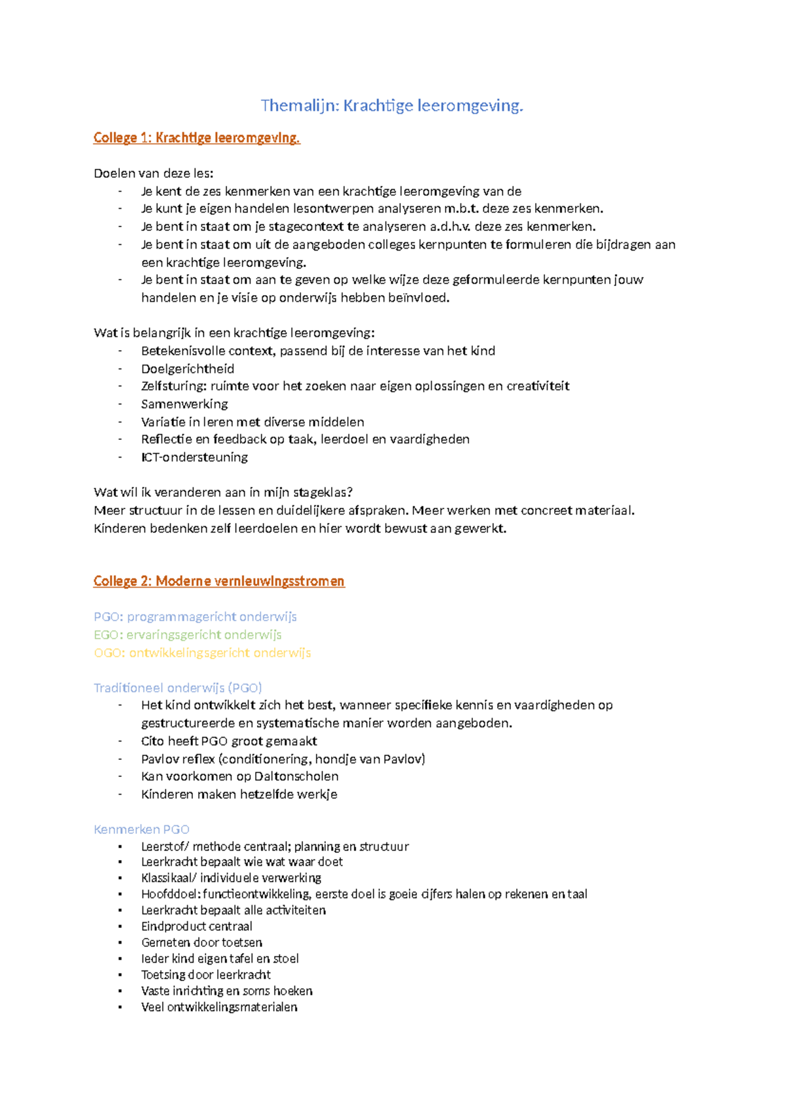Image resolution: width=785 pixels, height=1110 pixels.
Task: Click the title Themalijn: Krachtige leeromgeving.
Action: click(392, 105)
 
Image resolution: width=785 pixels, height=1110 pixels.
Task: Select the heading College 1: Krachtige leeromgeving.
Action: click(196, 137)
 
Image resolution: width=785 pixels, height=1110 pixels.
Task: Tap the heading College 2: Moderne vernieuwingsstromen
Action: click(218, 581)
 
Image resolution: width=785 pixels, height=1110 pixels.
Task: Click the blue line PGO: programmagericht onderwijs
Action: click(195, 617)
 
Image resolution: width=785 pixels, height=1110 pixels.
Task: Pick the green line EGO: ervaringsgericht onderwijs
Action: click(187, 634)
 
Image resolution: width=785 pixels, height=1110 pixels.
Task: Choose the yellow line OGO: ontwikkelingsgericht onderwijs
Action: click(202, 653)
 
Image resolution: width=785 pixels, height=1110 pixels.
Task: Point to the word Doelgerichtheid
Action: click(187, 368)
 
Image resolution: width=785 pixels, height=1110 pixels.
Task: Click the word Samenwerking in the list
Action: click(184, 404)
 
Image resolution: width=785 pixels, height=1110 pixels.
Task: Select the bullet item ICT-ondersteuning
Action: click(194, 457)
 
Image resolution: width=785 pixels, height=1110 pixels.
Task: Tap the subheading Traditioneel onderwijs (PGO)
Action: click(177, 687)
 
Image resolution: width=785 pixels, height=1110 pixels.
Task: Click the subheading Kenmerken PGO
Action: click(141, 829)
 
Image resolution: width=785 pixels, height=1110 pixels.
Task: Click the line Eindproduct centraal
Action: click(196, 926)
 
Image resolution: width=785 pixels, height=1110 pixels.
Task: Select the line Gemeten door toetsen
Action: click(201, 942)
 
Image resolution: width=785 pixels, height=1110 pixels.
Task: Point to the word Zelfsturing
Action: click(173, 386)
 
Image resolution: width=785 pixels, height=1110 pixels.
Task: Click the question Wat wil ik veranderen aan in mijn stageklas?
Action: click(223, 492)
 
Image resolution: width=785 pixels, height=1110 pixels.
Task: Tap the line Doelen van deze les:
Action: click(153, 173)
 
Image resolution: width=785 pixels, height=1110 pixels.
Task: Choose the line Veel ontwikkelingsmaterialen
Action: click(219, 1007)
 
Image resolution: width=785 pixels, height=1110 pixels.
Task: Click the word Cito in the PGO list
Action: click(152, 741)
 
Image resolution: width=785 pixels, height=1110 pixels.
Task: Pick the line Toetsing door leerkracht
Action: click(205, 975)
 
